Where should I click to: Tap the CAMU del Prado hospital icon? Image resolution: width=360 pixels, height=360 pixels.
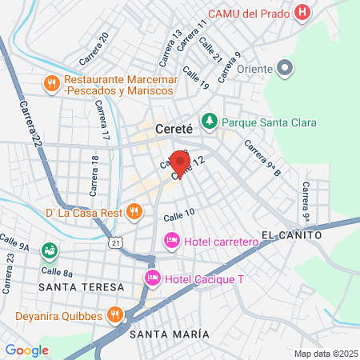pos(302,13)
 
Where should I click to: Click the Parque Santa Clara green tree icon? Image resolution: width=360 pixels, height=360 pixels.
pos(209,122)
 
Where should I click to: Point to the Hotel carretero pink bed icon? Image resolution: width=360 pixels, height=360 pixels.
pos(171,240)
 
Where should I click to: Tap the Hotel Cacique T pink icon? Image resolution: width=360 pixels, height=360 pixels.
pos(152,278)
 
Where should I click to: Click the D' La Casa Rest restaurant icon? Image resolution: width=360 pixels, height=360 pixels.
pos(134,213)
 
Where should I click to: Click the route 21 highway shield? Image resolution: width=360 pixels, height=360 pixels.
pos(118,242)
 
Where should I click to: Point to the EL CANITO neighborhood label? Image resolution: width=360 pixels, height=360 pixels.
pos(290,236)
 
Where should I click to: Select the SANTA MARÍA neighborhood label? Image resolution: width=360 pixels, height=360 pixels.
pos(170,334)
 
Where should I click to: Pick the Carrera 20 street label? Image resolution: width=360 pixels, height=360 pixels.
pos(94,49)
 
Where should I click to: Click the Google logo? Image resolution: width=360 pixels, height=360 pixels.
pos(27,350)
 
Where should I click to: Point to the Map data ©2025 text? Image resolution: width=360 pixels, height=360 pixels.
pos(324,353)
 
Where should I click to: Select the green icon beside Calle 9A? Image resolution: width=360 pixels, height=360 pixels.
pos(49,250)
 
